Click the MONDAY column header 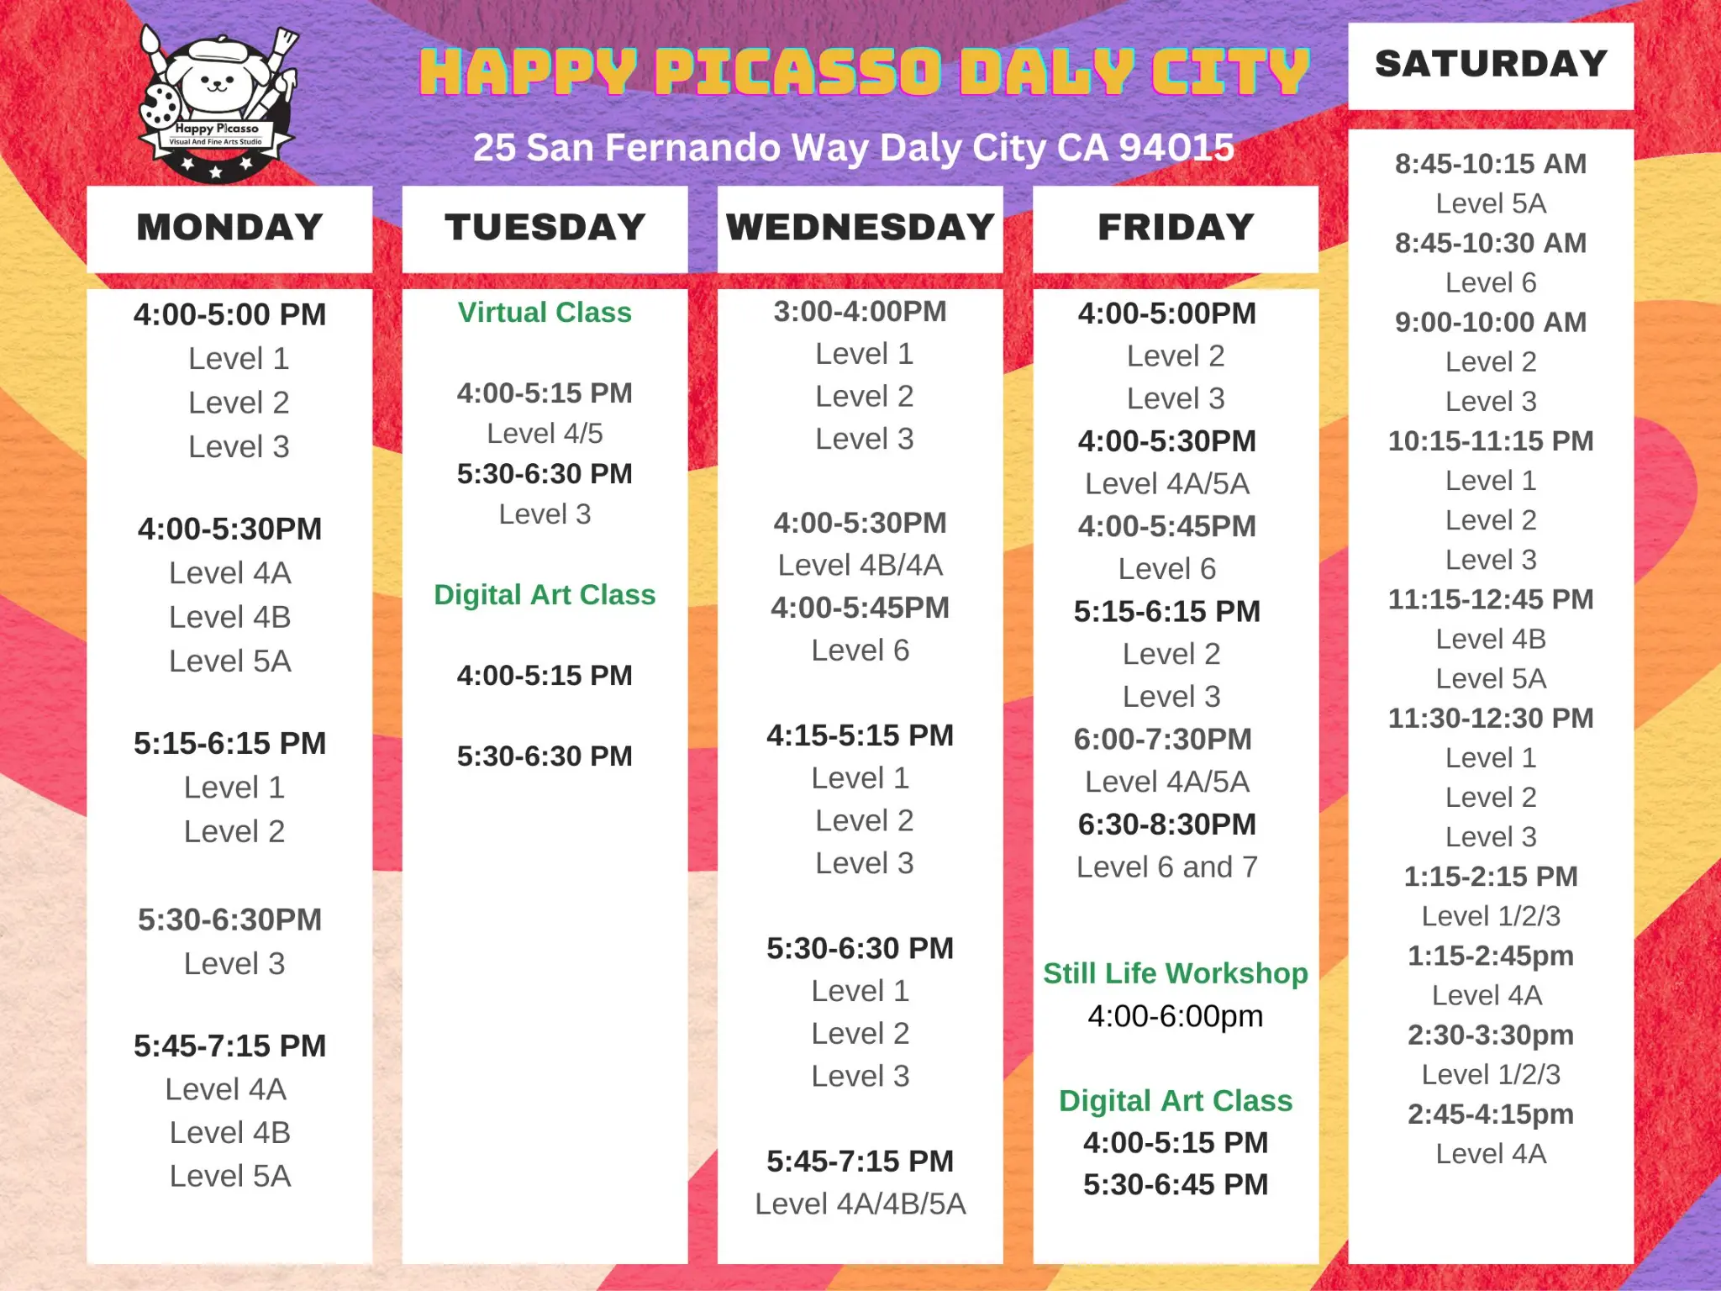pos(229,228)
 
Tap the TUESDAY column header pos(545,228)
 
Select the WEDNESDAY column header pos(860,228)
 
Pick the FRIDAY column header pos(1176,228)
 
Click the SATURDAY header pos(1491,65)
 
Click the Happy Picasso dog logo pos(217,101)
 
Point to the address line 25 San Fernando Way pos(853,148)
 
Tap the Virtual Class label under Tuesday pos(545,313)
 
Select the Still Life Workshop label pos(1176,973)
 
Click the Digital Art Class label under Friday pos(1176,1101)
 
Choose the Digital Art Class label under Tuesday pos(545,595)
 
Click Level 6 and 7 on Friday pos(1167,867)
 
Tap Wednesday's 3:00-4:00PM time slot pos(860,312)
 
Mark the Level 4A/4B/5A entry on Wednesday pos(860,1204)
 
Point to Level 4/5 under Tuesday pos(545,434)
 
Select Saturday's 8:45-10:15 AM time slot pos(1491,164)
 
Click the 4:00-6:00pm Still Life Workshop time pos(1176,1017)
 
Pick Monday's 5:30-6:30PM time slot pos(229,920)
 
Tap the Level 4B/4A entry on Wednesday pos(860,566)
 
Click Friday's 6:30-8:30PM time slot pos(1167,825)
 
